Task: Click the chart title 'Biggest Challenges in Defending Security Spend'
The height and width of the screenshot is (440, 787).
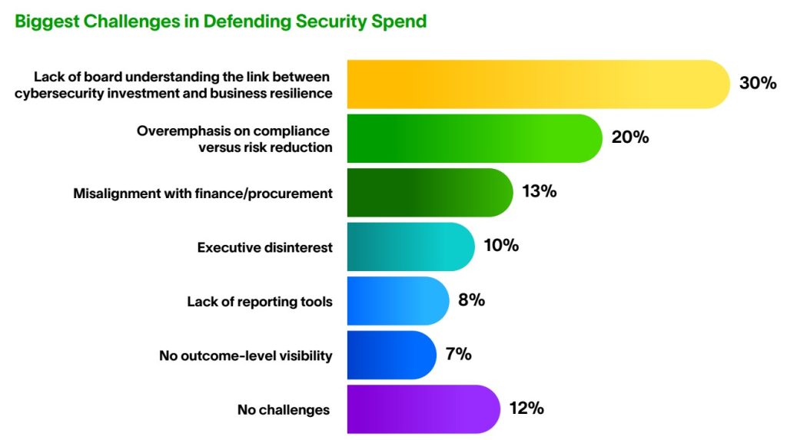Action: [x=221, y=22]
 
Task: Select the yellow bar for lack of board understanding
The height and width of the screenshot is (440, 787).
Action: [x=538, y=84]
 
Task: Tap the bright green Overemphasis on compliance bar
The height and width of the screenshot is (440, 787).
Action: [x=474, y=138]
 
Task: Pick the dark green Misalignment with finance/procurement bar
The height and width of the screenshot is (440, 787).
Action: [x=430, y=193]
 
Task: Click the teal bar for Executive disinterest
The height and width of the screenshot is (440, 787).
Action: [x=410, y=246]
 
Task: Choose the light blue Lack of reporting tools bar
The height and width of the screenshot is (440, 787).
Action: [x=398, y=301]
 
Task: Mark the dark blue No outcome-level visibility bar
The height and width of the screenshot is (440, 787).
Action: [x=391, y=356]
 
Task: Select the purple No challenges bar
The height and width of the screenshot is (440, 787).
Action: [x=423, y=409]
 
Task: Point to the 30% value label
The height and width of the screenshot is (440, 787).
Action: [x=757, y=83]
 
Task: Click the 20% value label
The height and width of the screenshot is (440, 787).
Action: [x=630, y=137]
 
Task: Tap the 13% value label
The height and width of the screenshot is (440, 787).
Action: [x=539, y=191]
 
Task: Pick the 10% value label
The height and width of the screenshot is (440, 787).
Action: [x=501, y=245]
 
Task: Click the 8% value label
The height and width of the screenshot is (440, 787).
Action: [x=471, y=299]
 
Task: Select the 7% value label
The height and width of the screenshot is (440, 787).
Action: [x=458, y=354]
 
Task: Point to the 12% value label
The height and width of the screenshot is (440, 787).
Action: [x=526, y=408]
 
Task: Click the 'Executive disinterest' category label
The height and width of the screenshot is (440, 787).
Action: [x=264, y=247]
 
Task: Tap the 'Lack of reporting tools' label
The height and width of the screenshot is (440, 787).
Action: [x=260, y=302]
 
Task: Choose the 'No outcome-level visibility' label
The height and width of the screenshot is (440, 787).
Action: [x=245, y=356]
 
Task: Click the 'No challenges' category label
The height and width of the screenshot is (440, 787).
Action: [x=284, y=410]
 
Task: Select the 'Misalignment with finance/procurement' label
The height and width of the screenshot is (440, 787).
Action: [x=203, y=194]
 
